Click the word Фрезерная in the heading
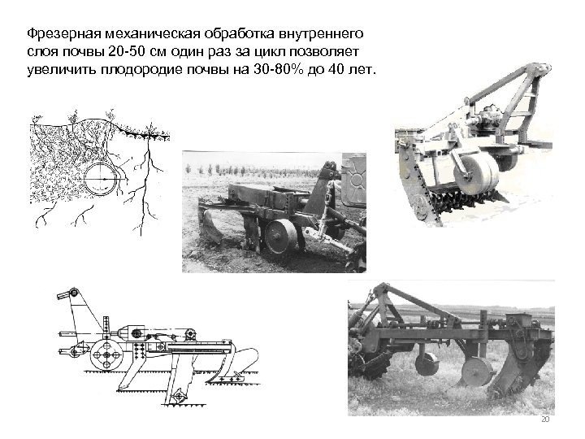(x=64, y=33)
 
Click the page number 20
(x=545, y=419)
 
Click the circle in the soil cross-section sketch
(x=85, y=178)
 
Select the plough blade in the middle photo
(x=211, y=227)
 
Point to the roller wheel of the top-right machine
(x=476, y=174)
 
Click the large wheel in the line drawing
(x=106, y=354)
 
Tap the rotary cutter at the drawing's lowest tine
(x=179, y=396)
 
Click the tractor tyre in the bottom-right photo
(x=368, y=361)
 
